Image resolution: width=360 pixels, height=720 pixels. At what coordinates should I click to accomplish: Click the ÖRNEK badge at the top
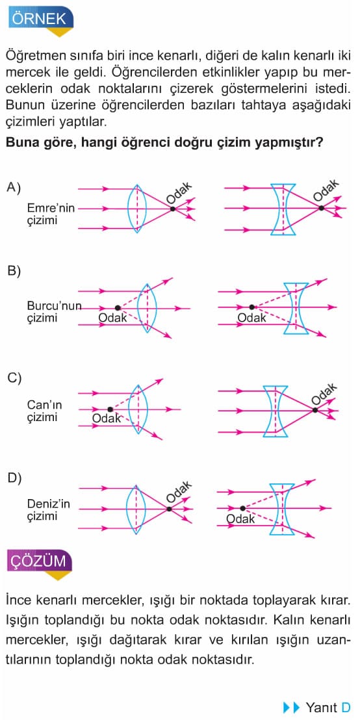(x=40, y=19)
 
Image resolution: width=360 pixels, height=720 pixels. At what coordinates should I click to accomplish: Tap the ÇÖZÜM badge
(x=40, y=561)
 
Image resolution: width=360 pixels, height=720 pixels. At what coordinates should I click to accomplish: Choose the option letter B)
(x=14, y=272)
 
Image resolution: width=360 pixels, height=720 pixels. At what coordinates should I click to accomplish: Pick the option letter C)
(x=14, y=378)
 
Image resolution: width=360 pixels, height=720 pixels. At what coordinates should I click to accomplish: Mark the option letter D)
(x=14, y=478)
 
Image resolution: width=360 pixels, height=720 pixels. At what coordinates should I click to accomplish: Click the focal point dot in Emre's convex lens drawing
(x=173, y=209)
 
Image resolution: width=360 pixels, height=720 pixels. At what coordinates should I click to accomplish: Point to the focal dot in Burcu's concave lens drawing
(x=251, y=307)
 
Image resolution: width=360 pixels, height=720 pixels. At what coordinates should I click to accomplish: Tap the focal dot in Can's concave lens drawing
(x=315, y=409)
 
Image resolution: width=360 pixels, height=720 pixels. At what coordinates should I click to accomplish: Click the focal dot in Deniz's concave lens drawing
(x=242, y=508)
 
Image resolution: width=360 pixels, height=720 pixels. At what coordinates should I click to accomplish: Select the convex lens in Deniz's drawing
(x=136, y=509)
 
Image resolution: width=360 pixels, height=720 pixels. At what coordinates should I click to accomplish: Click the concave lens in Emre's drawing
(x=283, y=209)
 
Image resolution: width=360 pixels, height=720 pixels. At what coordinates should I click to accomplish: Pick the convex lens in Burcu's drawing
(x=146, y=307)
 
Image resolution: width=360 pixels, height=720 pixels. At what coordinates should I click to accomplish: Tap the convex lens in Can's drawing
(x=138, y=409)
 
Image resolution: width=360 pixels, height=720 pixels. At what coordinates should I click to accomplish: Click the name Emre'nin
(x=51, y=209)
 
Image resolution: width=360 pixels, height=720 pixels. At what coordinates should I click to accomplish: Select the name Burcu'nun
(x=54, y=306)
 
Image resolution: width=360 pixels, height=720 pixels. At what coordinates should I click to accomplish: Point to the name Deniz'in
(x=48, y=504)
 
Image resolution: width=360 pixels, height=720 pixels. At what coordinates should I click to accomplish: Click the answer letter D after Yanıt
(x=346, y=707)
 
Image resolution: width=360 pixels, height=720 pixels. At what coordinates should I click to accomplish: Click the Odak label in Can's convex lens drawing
(x=107, y=418)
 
